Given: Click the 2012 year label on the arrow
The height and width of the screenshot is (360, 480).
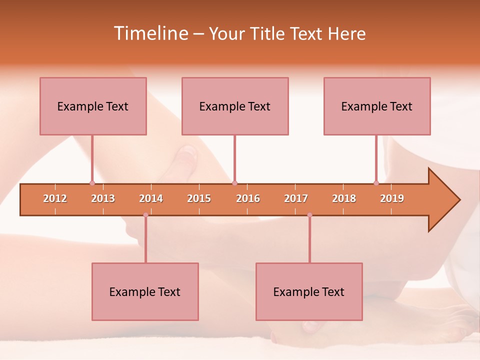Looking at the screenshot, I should [55, 198].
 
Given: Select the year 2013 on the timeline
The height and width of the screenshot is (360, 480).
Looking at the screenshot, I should [103, 198].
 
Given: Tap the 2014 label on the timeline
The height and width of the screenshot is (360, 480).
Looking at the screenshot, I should [151, 198].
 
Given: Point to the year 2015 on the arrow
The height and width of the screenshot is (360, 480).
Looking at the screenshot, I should [199, 198].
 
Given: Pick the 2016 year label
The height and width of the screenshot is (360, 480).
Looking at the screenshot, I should [248, 198].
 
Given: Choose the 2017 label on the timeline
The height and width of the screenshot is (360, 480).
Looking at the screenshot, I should [296, 198].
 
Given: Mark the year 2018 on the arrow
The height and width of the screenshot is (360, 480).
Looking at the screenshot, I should [344, 198].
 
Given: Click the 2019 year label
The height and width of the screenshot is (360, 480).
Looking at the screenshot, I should [392, 198].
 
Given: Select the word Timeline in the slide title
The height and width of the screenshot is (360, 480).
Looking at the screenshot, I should [150, 33].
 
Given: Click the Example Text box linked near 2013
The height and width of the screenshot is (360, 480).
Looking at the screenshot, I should [93, 106].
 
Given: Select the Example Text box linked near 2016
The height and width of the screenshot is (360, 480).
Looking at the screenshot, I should [235, 106].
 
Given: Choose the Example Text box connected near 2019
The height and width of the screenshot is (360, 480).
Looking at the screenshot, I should [377, 106].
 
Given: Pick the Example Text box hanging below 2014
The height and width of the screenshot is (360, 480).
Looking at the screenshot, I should [145, 291].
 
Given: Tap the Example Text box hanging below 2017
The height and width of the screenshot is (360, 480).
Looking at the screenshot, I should [309, 291].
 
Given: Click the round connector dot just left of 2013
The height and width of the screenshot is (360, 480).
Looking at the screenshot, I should [92, 183].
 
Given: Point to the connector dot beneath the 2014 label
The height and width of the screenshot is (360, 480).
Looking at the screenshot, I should [145, 215].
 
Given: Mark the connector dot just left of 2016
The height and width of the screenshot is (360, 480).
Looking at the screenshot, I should [234, 183].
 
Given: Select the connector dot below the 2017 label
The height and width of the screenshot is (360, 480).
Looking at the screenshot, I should [309, 215].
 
